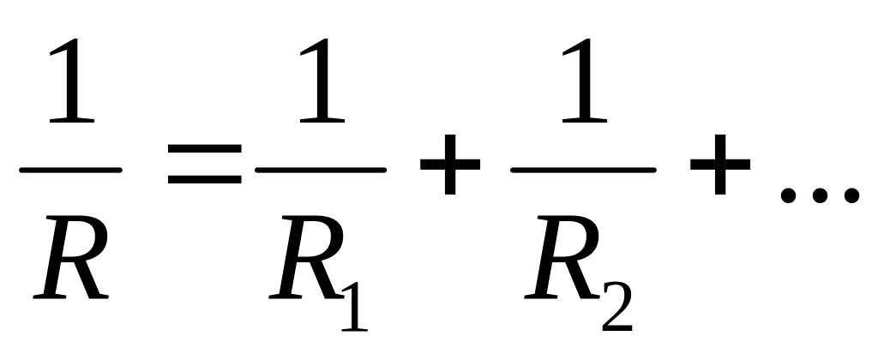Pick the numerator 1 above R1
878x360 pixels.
click(x=322, y=90)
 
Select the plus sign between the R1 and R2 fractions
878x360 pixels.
click(x=448, y=169)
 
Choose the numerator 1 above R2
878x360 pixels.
click(x=584, y=90)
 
